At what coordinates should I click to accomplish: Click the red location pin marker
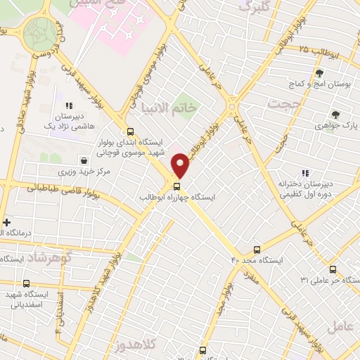(x=181, y=165)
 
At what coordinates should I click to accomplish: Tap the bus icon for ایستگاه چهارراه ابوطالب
(x=176, y=186)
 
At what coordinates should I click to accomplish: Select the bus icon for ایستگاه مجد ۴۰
(x=257, y=250)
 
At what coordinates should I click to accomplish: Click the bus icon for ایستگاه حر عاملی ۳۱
(x=333, y=269)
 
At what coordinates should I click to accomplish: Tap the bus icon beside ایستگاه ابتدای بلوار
(x=129, y=131)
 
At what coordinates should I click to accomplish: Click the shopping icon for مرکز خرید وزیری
(x=84, y=160)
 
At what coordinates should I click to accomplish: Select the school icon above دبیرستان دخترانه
(x=304, y=172)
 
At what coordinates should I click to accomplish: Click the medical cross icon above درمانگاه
(x=6, y=222)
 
